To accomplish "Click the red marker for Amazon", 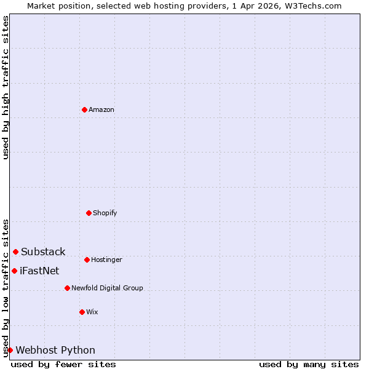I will (x=84, y=109).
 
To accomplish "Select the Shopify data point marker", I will (x=89, y=213).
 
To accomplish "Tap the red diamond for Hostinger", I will (x=87, y=260).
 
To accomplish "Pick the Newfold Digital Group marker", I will (x=67, y=288).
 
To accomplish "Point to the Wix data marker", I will (x=82, y=312).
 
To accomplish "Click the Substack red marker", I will (x=15, y=252).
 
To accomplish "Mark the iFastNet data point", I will (x=14, y=271).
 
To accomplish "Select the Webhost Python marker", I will (x=10, y=350).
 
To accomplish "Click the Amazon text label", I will (x=101, y=109).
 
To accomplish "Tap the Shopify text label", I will (x=105, y=213).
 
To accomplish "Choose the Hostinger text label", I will (x=107, y=260).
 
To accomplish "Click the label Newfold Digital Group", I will (x=107, y=288).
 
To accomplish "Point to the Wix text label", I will (x=92, y=312).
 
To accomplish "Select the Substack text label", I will (x=43, y=252).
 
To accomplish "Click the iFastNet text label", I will (x=39, y=271).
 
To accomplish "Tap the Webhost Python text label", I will (x=55, y=350).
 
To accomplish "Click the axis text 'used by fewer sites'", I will (x=63, y=364).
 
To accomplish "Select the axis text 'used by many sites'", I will (x=309, y=364).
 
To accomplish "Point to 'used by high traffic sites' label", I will (x=6, y=87).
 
